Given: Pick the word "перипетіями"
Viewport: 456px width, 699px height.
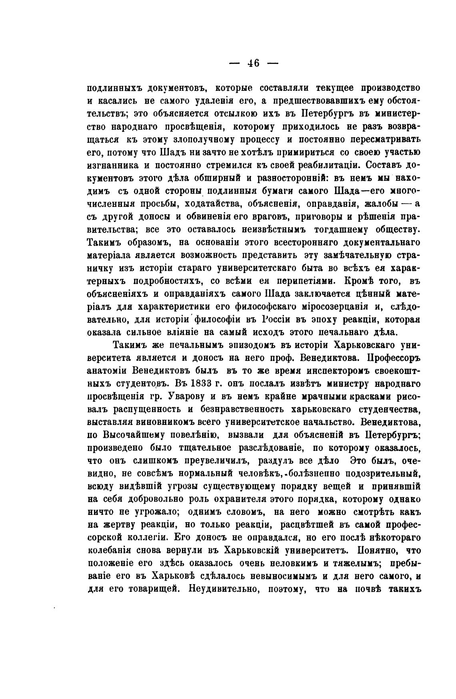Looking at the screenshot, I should [x=289, y=280].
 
